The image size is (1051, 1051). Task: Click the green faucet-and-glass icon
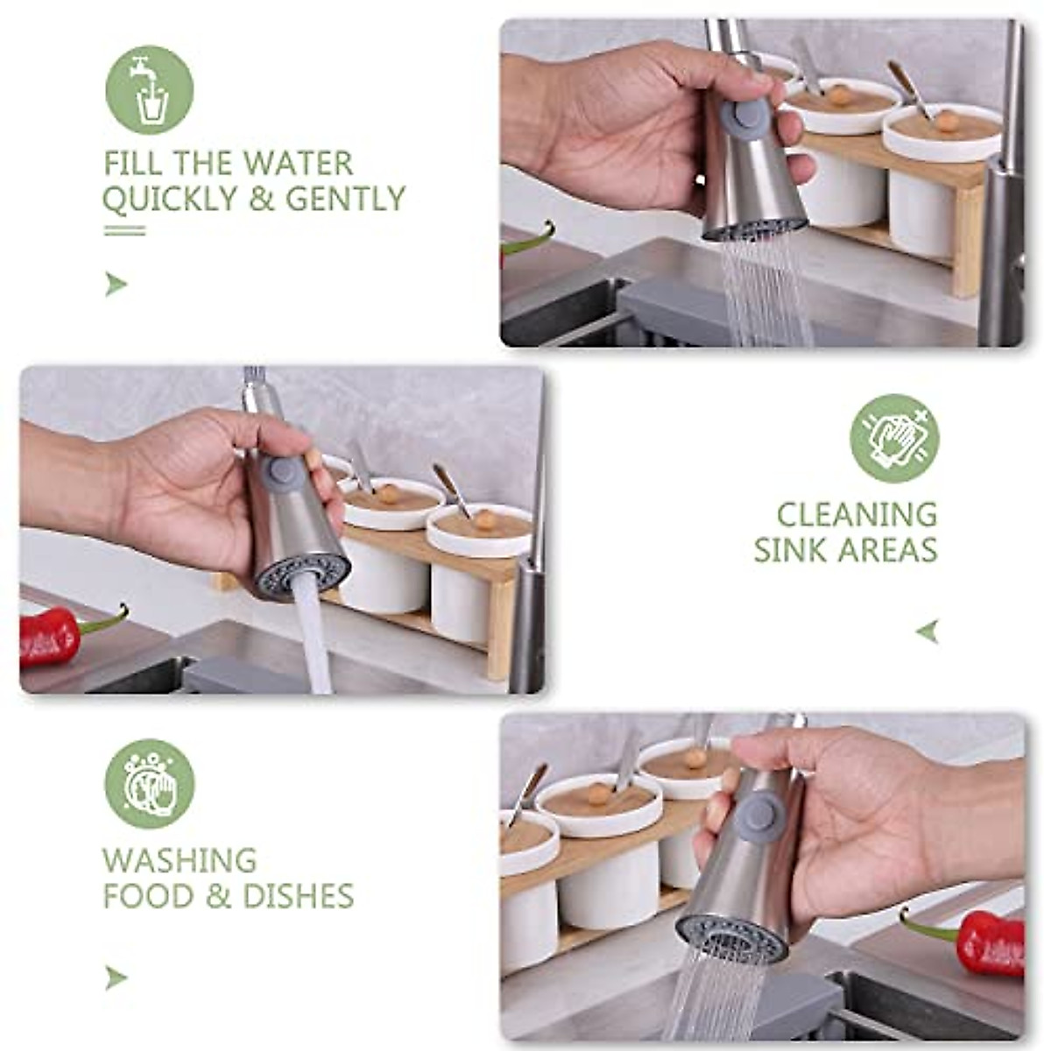coord(149,90)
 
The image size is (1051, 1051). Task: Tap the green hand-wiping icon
coord(894,438)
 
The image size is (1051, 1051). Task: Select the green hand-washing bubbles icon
coord(149,783)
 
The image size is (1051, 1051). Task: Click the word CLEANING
coord(857,514)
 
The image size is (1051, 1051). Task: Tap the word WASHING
coord(180,860)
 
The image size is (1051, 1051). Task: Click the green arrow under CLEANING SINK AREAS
coord(928,631)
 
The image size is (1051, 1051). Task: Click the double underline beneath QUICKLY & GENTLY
coord(124,230)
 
